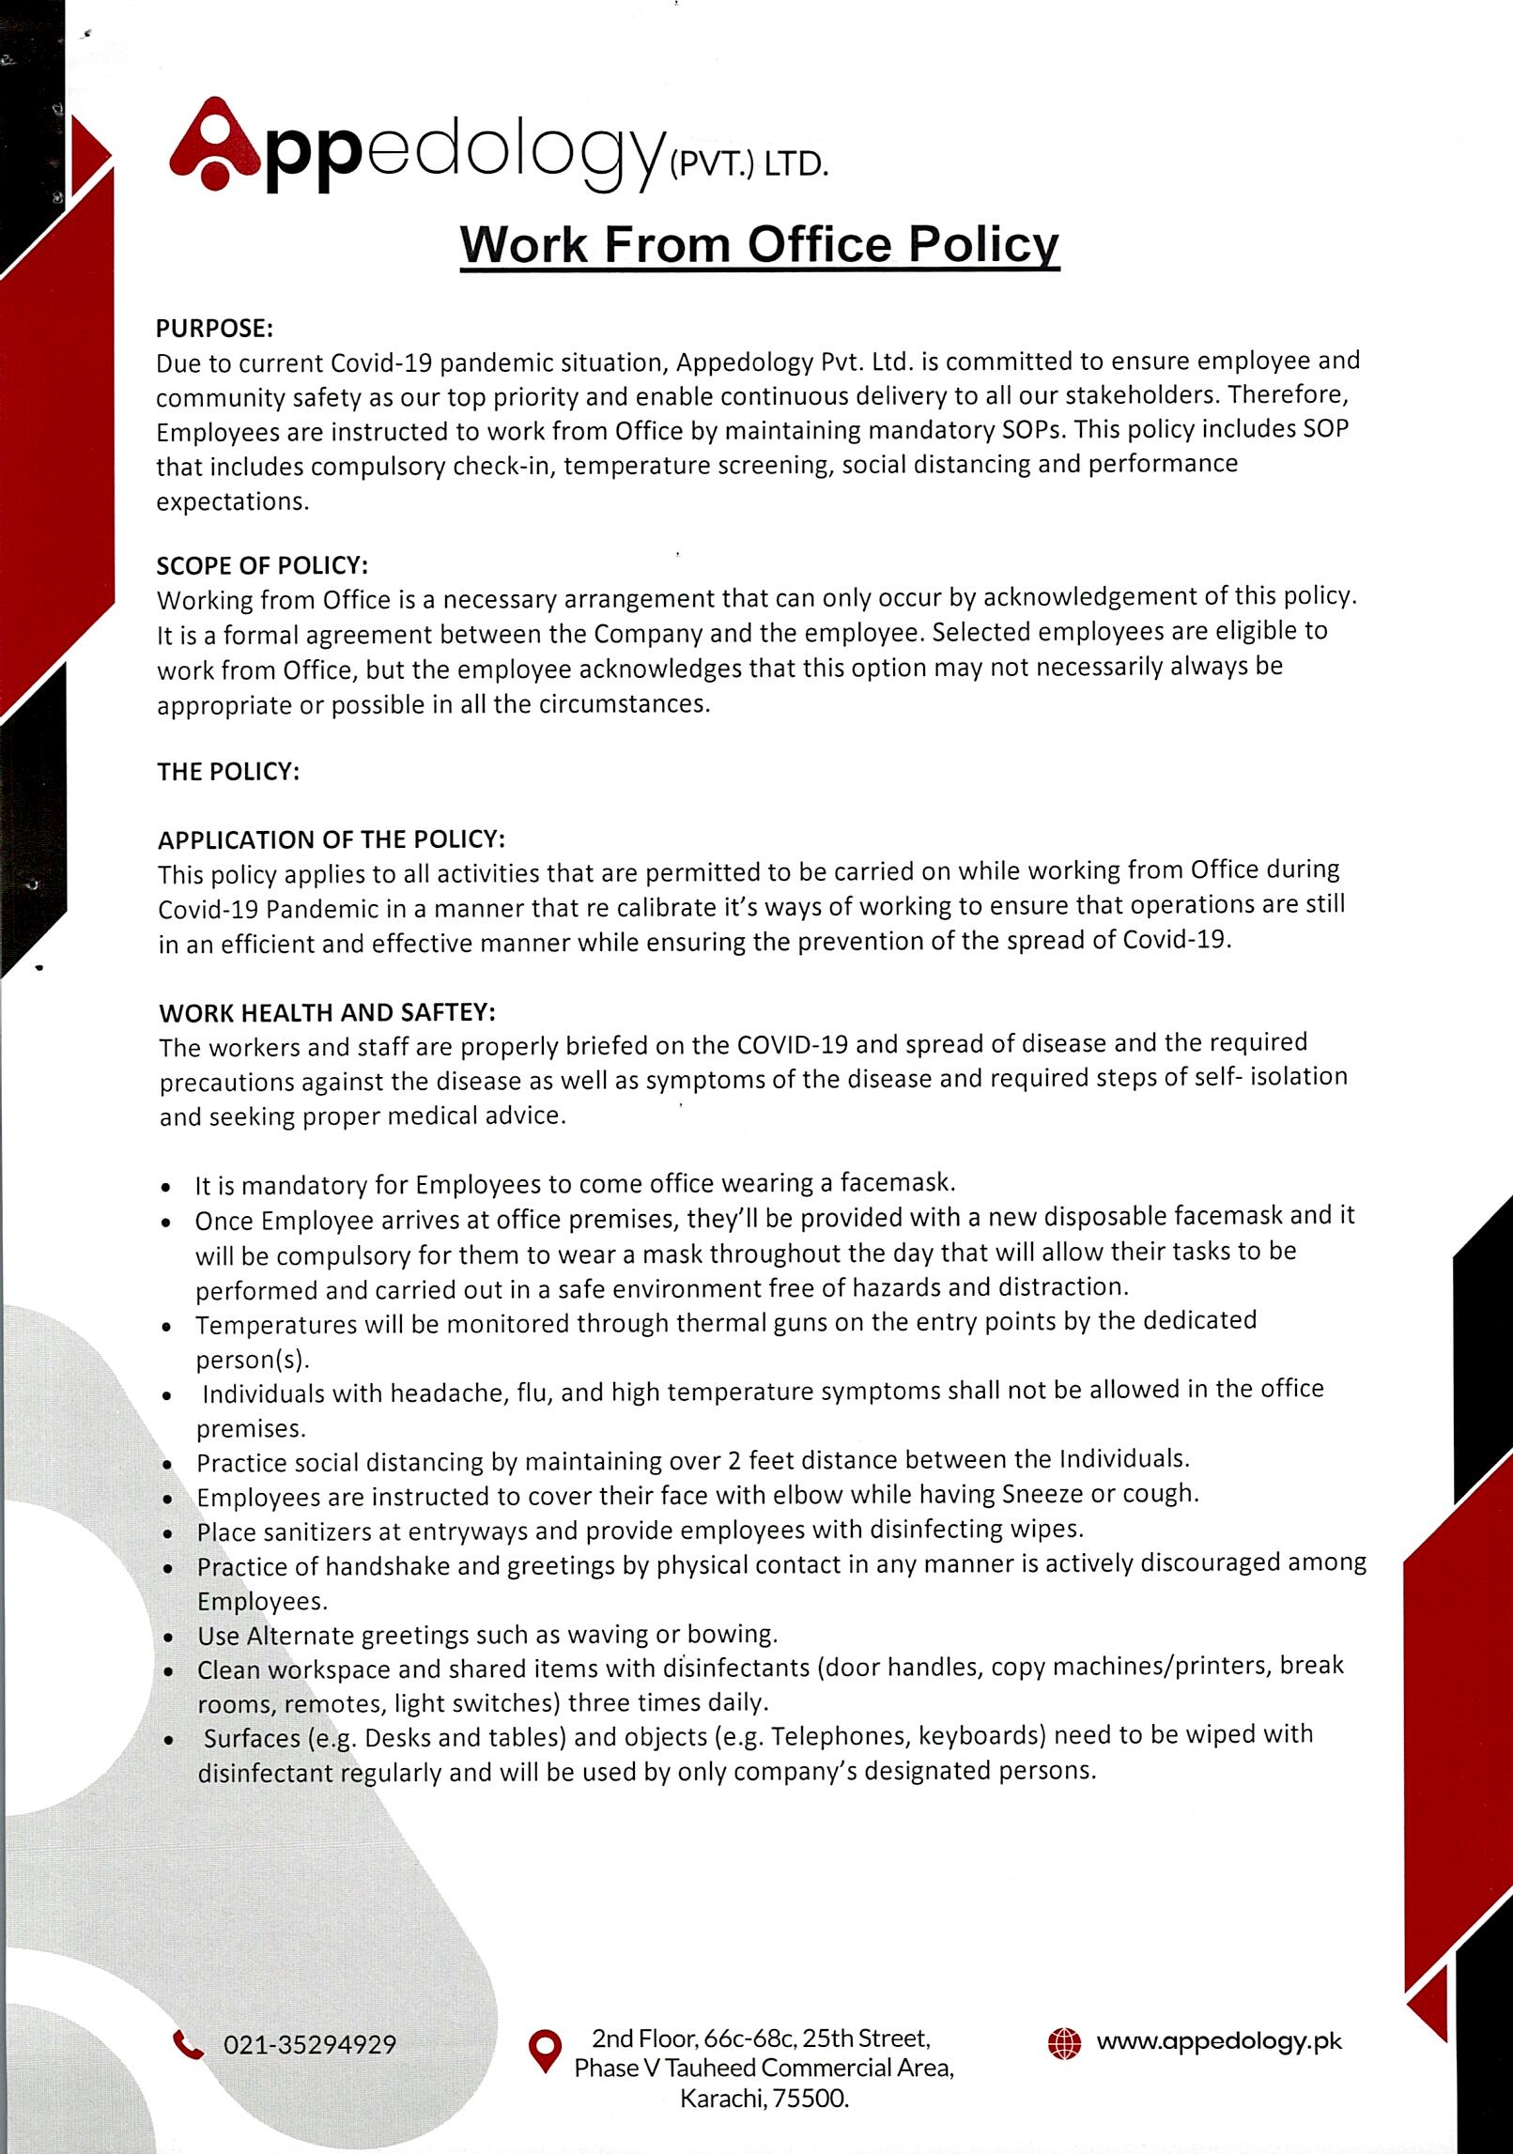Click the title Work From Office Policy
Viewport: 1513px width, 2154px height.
759,245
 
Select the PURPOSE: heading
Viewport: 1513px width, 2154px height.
214,328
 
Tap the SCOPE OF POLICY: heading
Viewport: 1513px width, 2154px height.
262,565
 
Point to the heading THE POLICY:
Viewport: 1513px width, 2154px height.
228,772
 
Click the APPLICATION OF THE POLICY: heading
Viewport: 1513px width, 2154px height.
332,839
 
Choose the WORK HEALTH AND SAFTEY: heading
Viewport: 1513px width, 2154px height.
327,1012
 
